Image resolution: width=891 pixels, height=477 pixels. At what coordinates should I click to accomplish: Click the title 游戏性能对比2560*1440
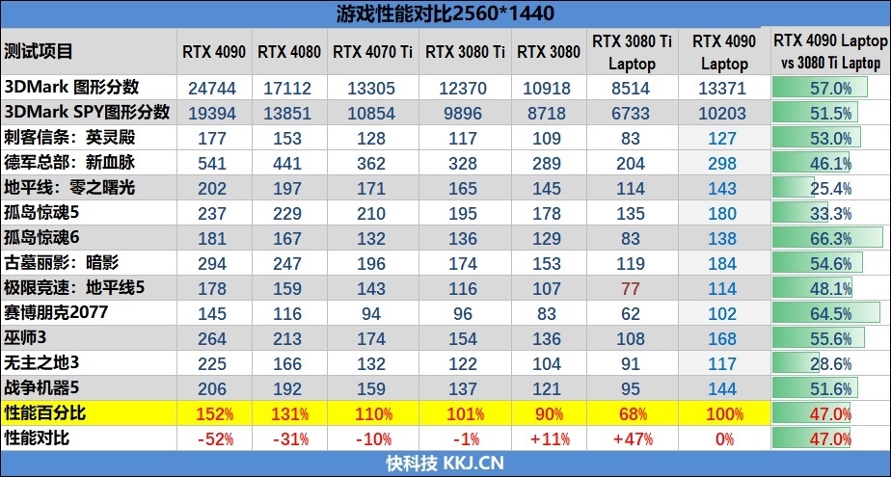point(445,13)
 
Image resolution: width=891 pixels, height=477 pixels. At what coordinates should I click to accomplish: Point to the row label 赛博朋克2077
point(56,312)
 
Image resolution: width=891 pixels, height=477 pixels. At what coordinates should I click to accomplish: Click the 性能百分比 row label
point(45,412)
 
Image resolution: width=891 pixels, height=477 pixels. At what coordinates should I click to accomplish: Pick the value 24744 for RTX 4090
point(218,88)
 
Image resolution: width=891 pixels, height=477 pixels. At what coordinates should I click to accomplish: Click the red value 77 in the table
point(631,287)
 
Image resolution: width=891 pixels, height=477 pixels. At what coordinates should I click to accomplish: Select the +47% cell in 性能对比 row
point(632,438)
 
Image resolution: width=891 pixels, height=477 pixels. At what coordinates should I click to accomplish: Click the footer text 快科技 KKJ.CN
point(445,463)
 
